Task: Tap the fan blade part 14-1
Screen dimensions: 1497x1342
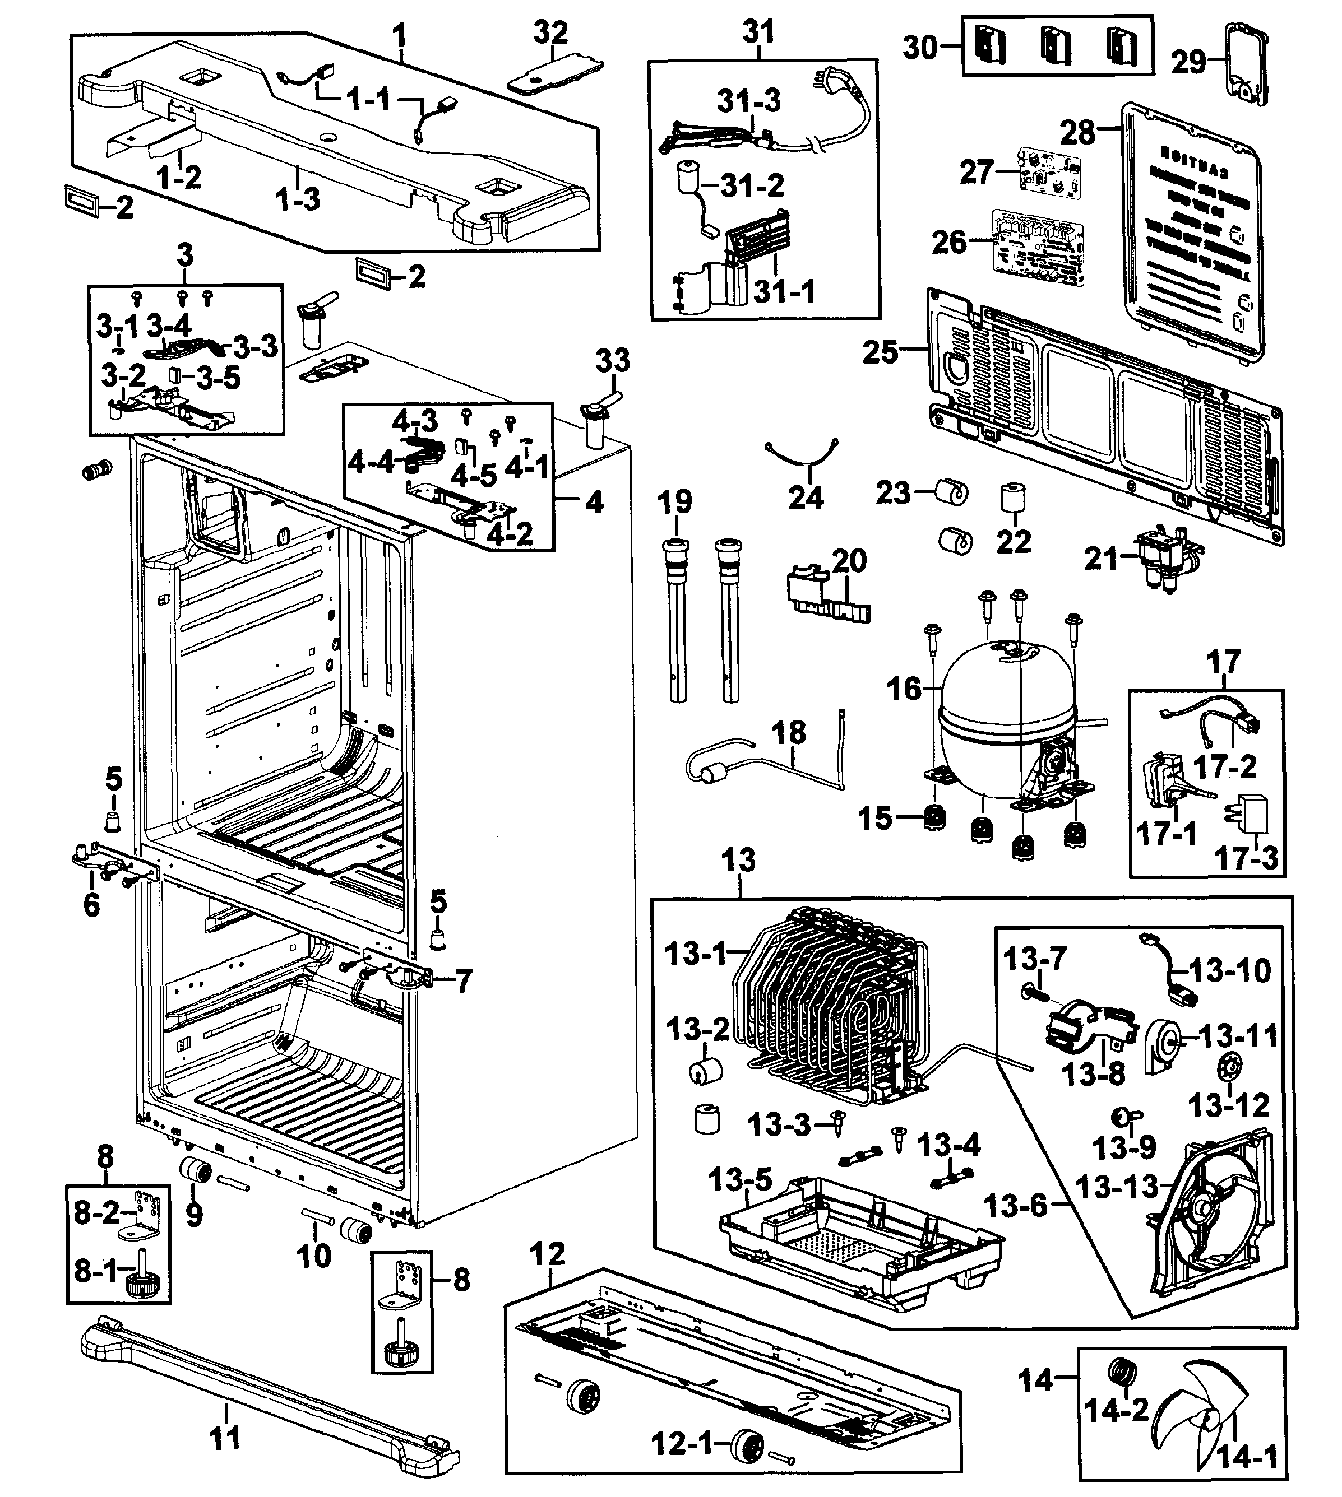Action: coord(1209,1415)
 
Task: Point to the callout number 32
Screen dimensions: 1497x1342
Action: coord(551,33)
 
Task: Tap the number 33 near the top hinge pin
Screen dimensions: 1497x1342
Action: coord(613,361)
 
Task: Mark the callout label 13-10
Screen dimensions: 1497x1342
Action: coord(1229,971)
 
